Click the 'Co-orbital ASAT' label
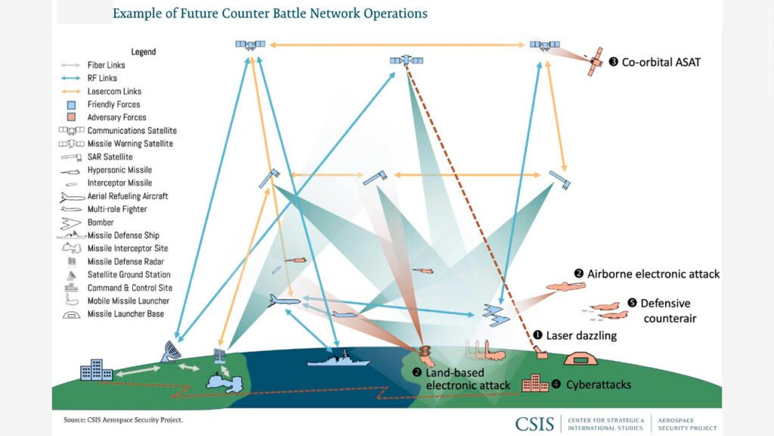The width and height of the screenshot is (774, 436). pos(661,63)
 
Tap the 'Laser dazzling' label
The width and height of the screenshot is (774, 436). pos(580,335)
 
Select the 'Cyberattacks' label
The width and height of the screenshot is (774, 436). pos(598,385)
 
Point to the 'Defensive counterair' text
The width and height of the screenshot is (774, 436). pos(665,310)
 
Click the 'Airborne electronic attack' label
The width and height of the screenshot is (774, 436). pos(653,274)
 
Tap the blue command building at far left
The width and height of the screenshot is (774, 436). pos(96,370)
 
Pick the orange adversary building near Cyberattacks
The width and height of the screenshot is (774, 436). pos(534,383)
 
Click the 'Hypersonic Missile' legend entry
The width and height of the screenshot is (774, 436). pos(119,170)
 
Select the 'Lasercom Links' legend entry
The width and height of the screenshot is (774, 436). pos(114,91)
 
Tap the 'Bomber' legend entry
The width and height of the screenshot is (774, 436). pos(101,223)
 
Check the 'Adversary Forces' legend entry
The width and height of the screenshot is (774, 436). pos(116,117)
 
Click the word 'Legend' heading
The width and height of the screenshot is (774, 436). pos(143,51)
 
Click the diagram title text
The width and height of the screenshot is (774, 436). pos(270,14)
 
